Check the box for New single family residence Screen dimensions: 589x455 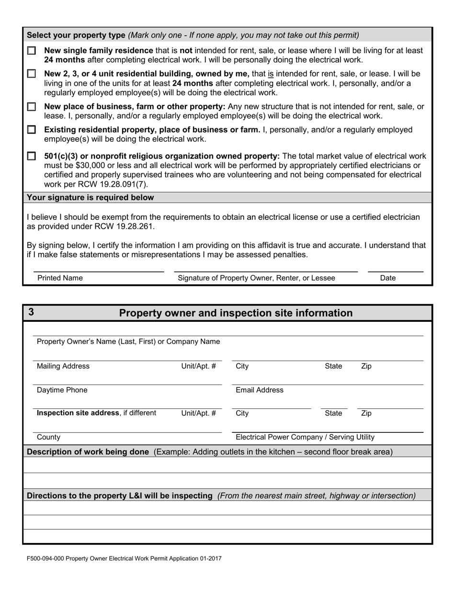(x=32, y=50)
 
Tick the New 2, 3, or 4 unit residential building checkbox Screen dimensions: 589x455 (x=32, y=74)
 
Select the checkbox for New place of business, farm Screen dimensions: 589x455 (x=32, y=106)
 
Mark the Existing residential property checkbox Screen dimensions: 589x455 (x=32, y=130)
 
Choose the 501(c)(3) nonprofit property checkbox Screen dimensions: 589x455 (x=32, y=156)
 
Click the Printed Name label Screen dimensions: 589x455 (x=60, y=278)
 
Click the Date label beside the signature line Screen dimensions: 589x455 (x=387, y=278)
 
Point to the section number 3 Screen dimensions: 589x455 (x=31, y=312)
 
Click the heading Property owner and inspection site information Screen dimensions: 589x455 (x=235, y=313)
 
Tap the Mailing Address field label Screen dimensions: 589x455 (x=63, y=366)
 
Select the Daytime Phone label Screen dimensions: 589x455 (x=62, y=390)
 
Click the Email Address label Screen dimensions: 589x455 (x=260, y=390)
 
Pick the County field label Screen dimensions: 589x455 (x=48, y=437)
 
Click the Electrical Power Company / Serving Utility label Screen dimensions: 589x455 (x=305, y=437)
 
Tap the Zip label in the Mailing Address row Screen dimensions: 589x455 (x=366, y=366)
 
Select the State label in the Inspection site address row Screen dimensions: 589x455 (x=333, y=413)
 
